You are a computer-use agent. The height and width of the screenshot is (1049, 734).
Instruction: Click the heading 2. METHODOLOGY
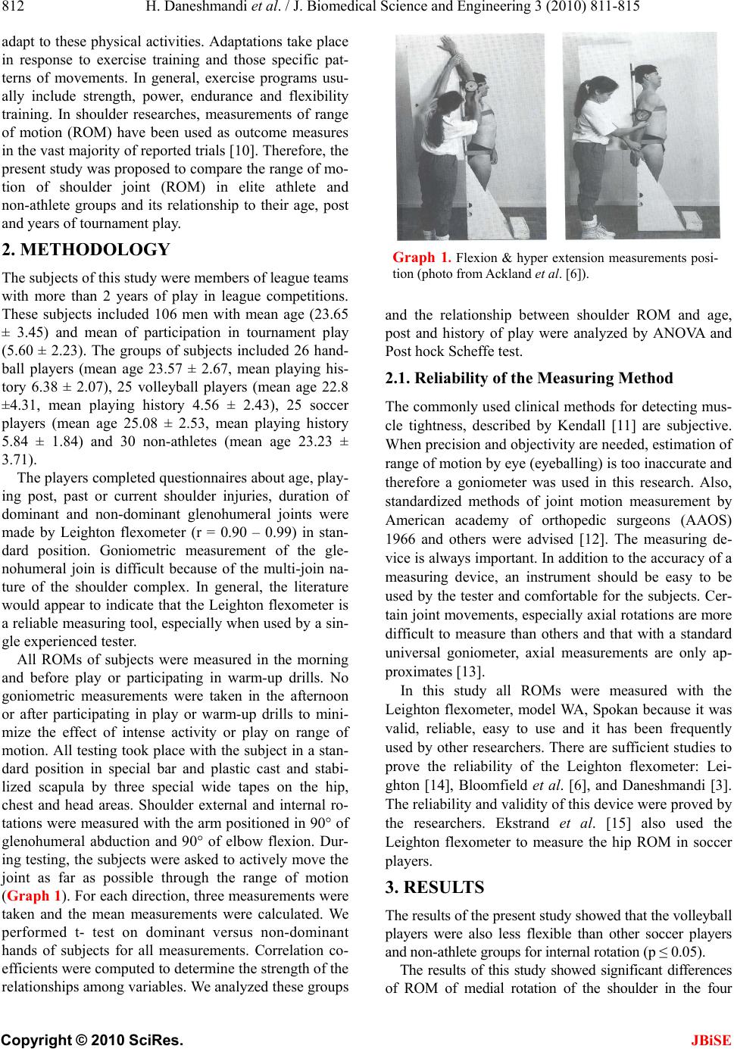coord(87,250)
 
